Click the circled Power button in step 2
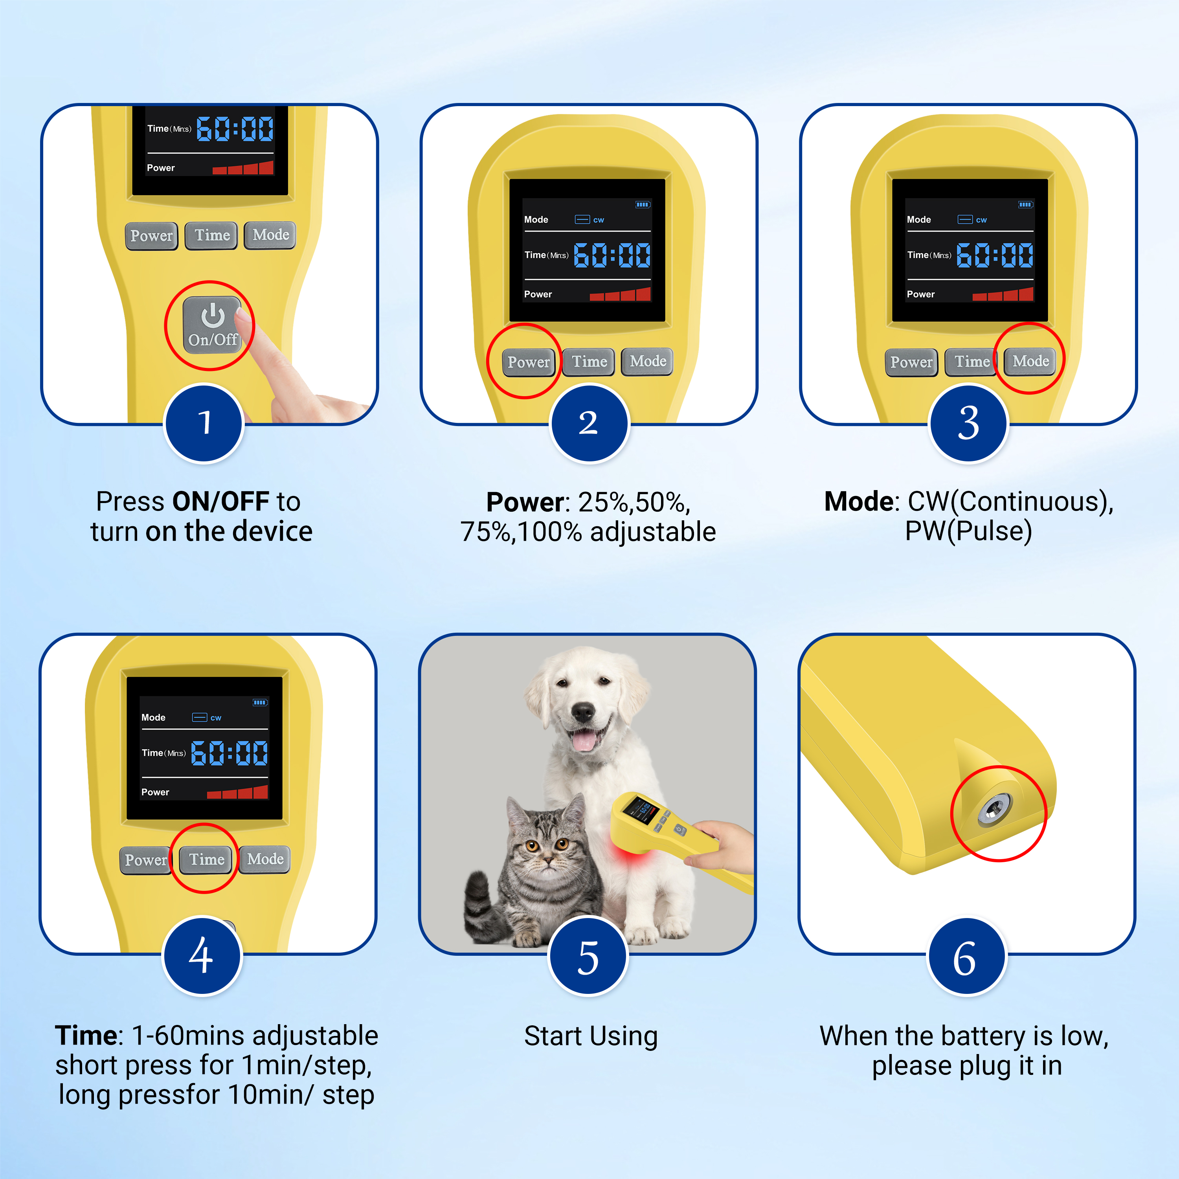[x=529, y=362]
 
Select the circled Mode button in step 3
[x=1031, y=361]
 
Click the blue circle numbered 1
[x=204, y=423]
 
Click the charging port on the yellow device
[x=994, y=810]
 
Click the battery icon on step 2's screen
[x=643, y=204]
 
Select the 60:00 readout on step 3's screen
[x=995, y=255]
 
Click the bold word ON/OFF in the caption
[x=221, y=501]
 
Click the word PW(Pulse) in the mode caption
[x=968, y=531]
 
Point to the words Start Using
[x=591, y=1036]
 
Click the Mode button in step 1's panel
[x=270, y=235]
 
